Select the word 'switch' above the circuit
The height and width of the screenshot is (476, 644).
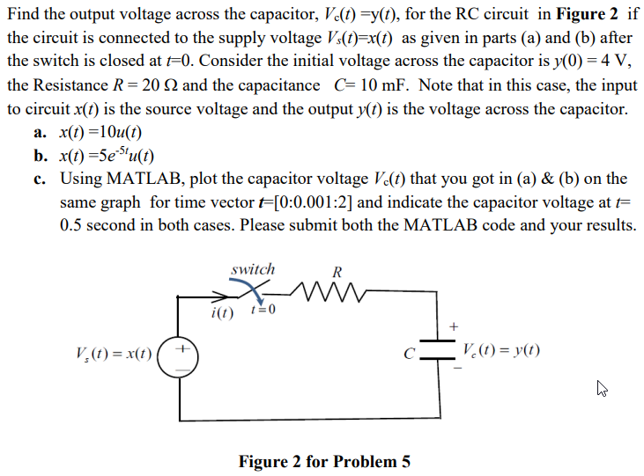[x=253, y=269]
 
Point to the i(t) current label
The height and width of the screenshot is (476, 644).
[x=222, y=313]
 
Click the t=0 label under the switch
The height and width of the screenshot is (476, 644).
[x=263, y=311]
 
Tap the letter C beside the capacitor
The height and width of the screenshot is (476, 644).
[x=410, y=355]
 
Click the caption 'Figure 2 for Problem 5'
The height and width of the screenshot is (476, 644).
[x=324, y=461]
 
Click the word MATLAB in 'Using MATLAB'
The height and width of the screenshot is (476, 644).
[x=141, y=179]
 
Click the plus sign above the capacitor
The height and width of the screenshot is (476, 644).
[x=453, y=326]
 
